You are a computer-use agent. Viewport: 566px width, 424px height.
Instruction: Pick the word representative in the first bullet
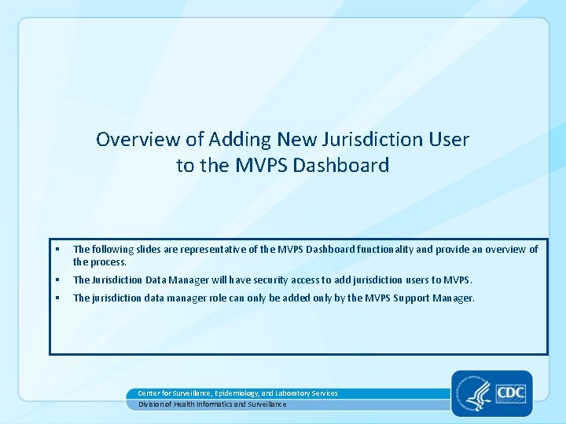point(216,250)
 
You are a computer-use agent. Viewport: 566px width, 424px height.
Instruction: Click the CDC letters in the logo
point(509,391)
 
